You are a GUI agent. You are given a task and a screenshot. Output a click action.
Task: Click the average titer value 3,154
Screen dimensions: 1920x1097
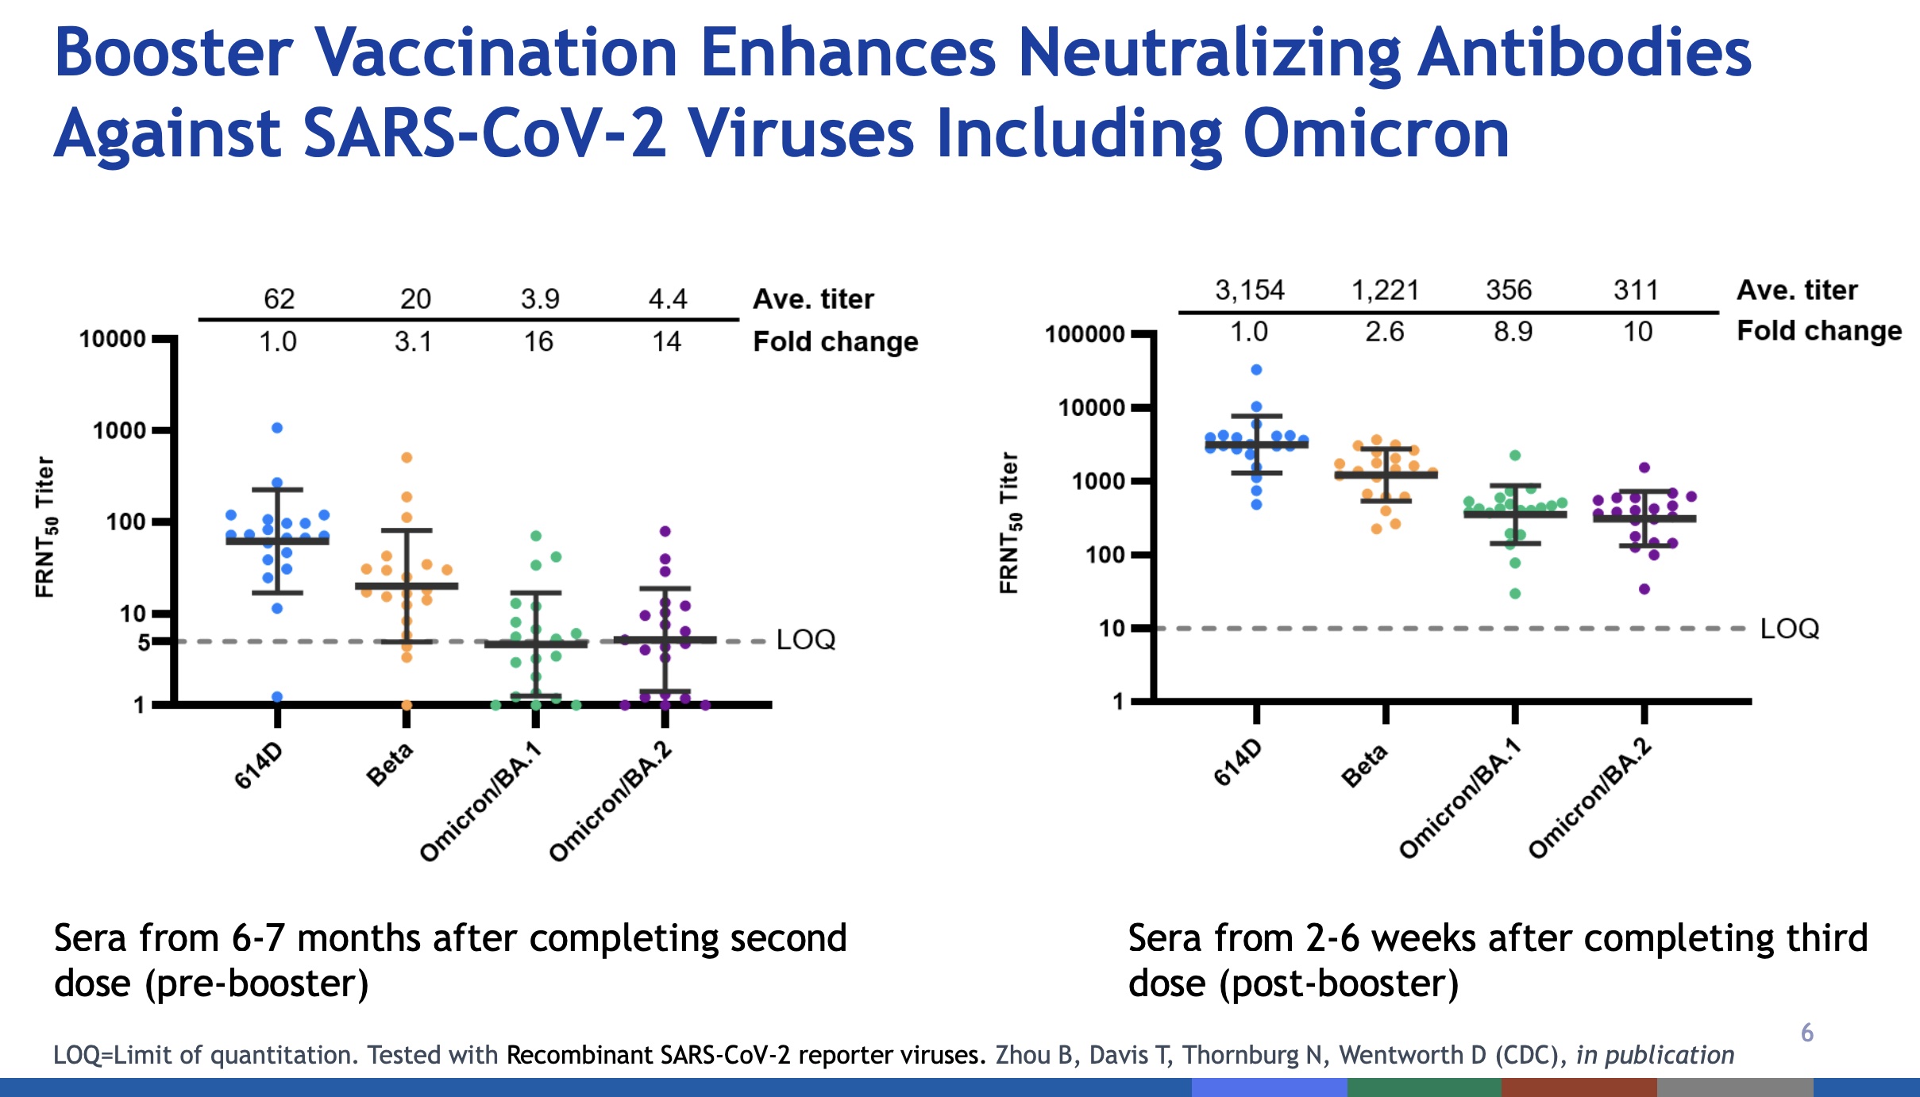[1249, 291]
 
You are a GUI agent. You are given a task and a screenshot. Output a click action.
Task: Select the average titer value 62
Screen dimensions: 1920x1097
[279, 299]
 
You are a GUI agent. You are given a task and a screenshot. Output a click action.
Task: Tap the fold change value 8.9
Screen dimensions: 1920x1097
[1513, 332]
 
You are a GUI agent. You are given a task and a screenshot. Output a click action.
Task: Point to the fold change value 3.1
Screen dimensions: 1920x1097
[413, 342]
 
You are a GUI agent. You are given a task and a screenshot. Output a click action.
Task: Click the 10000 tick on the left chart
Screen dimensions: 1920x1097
[113, 339]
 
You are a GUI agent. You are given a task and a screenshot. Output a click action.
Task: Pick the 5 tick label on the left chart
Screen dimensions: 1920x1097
[144, 642]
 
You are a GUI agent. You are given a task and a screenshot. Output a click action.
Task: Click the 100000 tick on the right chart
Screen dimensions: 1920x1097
[1085, 334]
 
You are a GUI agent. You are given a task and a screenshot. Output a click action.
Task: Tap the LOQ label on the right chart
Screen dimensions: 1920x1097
[1790, 629]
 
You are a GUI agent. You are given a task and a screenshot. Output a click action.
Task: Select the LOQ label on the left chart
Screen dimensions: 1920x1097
[806, 640]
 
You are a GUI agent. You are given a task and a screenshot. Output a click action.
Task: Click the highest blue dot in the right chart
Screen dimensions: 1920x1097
[1256, 370]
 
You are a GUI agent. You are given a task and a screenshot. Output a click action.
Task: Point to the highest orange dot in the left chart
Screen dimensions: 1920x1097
[407, 457]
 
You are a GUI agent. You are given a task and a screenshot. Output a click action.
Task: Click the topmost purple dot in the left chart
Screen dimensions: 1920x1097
[665, 531]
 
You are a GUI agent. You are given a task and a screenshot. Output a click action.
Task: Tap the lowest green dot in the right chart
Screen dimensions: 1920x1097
[1515, 594]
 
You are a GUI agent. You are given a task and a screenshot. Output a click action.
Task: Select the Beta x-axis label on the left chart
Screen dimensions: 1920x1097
[390, 764]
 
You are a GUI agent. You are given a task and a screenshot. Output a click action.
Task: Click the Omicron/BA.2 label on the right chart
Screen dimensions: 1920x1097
[1590, 798]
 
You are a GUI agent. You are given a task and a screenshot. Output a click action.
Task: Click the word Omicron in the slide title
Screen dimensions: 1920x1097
[1376, 134]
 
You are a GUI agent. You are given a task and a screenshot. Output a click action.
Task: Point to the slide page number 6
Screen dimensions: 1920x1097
[1807, 1033]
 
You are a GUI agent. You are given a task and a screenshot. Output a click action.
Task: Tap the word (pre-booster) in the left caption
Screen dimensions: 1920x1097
[256, 984]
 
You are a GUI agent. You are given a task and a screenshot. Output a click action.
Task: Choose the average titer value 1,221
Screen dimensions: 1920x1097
[1386, 291]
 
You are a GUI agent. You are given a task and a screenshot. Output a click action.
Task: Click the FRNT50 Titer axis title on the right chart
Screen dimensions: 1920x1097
[1008, 523]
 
